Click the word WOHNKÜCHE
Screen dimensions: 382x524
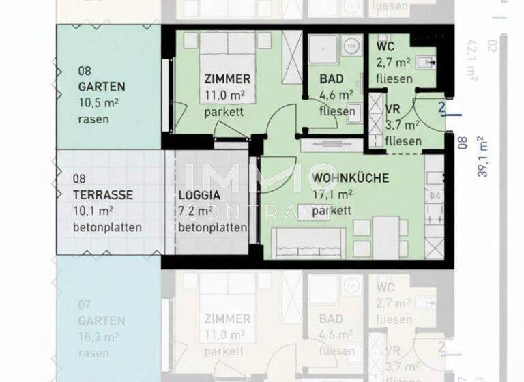click(350, 178)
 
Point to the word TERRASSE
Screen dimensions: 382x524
click(102, 194)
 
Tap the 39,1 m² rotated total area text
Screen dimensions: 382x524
click(483, 156)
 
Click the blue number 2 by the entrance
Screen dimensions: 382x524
click(441, 108)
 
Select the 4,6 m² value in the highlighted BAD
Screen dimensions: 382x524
click(336, 95)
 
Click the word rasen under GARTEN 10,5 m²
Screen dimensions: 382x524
click(93, 119)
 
